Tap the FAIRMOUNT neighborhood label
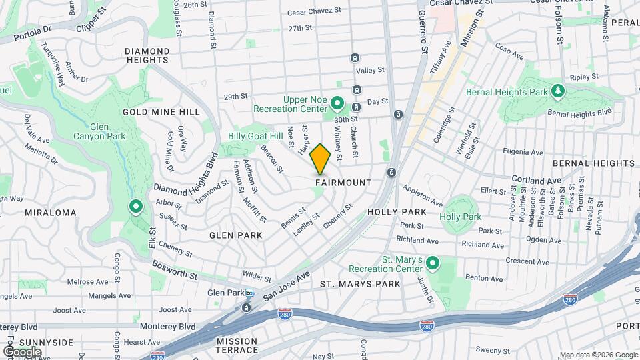[343, 182]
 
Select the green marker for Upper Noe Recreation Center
[337, 104]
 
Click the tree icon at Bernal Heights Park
[558, 91]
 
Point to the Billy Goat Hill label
[255, 136]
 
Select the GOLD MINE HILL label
[161, 112]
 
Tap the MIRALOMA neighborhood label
[50, 213]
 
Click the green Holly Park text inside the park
[460, 217]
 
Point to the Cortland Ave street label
[536, 180]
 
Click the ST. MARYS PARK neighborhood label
[360, 284]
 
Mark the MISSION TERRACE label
[237, 345]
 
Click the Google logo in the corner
[22, 351]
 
